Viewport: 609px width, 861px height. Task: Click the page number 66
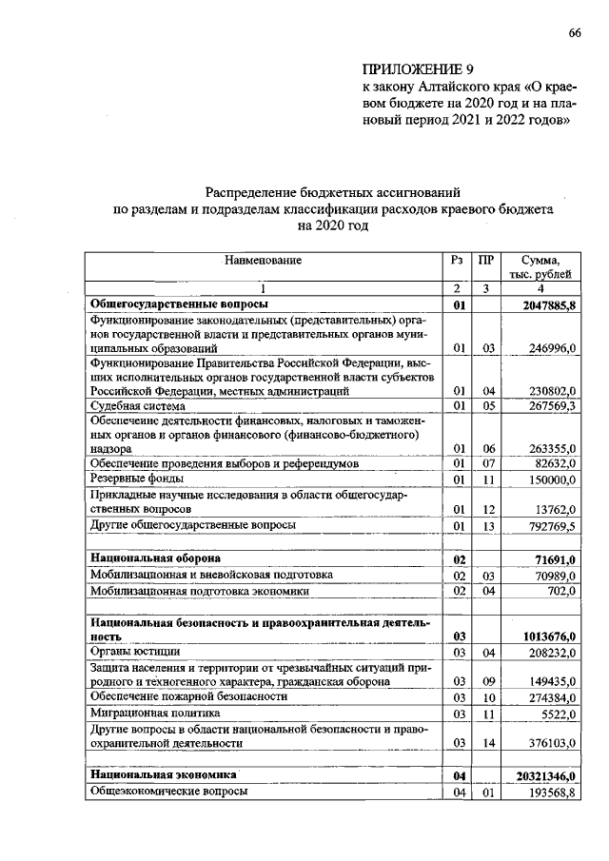click(575, 32)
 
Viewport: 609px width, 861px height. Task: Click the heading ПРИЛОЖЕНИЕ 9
click(417, 69)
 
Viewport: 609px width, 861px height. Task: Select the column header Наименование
click(263, 260)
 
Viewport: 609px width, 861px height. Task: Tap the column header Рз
click(458, 260)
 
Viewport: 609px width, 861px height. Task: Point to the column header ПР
click(485, 260)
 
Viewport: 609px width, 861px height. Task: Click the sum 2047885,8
click(550, 305)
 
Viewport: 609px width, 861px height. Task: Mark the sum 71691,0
click(555, 560)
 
